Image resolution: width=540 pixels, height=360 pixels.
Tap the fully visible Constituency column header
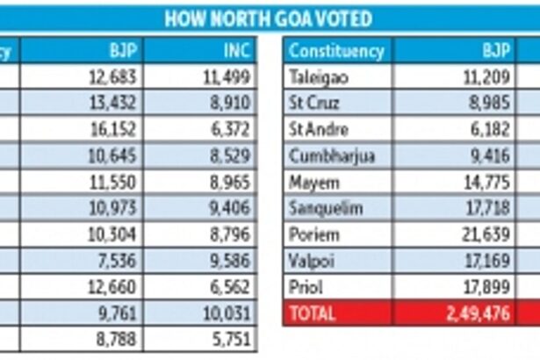coord(336,50)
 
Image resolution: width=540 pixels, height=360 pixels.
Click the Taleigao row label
coord(319,77)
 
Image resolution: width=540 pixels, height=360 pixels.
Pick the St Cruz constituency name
coord(313,104)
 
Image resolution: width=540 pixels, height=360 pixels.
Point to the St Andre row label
coord(316,130)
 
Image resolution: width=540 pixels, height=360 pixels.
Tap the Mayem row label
coord(311,183)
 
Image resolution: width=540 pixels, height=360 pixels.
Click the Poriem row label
coord(312,235)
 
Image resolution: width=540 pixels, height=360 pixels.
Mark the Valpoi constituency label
coord(309,262)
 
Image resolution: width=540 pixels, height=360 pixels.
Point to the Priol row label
coord(306,288)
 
